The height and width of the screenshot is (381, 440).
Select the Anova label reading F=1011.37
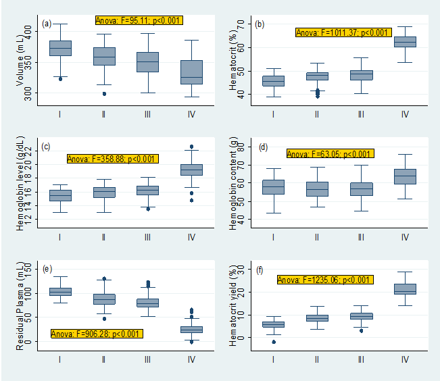point(343,32)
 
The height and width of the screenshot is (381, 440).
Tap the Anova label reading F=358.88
point(112,159)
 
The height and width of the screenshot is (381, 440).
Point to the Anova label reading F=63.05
point(330,154)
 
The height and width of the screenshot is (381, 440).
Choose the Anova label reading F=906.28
point(96,333)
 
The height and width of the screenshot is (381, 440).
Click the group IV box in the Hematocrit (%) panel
point(405,42)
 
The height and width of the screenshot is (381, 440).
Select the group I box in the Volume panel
point(60,48)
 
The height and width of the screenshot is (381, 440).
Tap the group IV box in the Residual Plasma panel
point(191,329)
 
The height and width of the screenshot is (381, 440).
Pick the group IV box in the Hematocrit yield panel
point(405,288)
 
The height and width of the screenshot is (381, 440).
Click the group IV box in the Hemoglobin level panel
point(191,170)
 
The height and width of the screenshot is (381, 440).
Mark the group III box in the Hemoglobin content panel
point(361,189)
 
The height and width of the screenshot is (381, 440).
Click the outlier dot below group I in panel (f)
point(274,342)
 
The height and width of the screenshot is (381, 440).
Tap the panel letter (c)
point(47,147)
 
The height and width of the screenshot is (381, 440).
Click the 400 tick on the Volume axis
point(36,30)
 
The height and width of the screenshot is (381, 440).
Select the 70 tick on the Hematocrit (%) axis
point(241,25)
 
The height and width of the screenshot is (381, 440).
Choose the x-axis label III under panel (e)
point(147,359)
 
